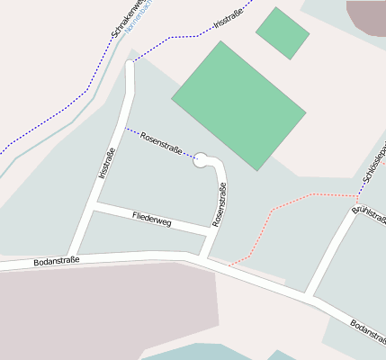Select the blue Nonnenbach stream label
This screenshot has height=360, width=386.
[139, 17]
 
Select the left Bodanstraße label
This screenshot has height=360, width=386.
[56, 260]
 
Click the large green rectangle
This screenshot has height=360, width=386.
[238, 103]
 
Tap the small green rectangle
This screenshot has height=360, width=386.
[283, 32]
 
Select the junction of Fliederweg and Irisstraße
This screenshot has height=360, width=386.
[94, 207]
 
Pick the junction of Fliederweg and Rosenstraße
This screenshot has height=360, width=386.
[210, 232]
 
